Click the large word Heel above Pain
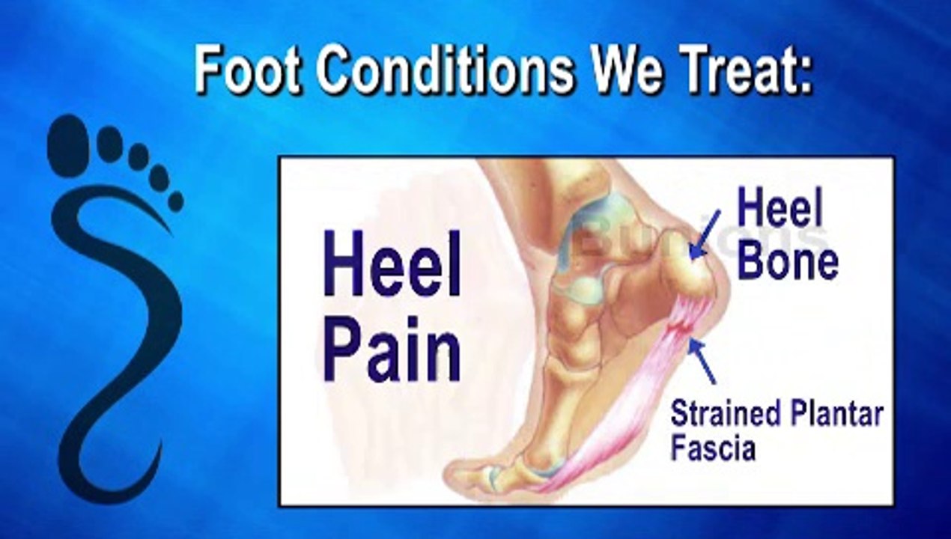pyautogui.click(x=392, y=263)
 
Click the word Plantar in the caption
pyautogui.click(x=839, y=414)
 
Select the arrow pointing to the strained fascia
pyautogui.click(x=703, y=361)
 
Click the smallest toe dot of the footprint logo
pyautogui.click(x=174, y=201)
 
